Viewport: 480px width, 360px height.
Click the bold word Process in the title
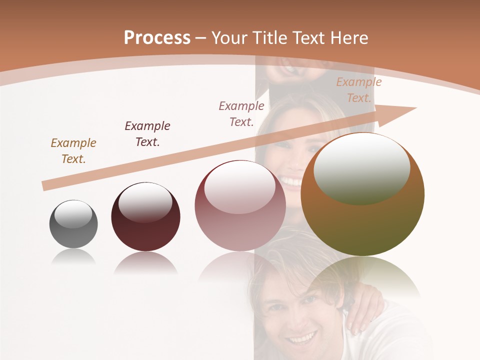click(x=157, y=38)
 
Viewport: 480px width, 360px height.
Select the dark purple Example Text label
click(x=147, y=133)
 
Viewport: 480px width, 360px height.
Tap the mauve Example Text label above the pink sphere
click(x=241, y=113)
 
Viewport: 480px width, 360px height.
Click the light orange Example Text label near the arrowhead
click(x=358, y=89)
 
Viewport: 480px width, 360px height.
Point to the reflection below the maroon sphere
click(x=145, y=262)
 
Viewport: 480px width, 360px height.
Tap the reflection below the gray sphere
click(x=73, y=256)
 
